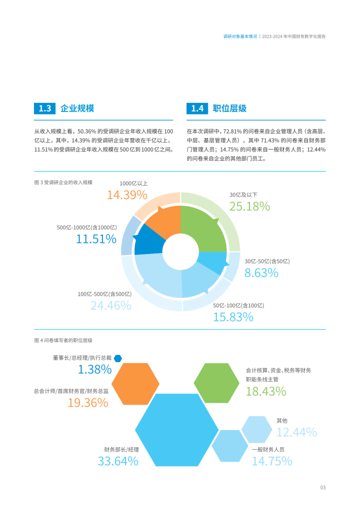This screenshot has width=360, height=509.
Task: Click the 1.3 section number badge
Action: tap(45, 108)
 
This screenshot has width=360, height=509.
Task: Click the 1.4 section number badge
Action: tap(197, 108)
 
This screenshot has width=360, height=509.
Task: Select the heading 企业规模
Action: tap(77, 108)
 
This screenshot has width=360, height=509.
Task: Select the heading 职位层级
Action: tap(230, 108)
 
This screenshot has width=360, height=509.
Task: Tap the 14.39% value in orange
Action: tap(127, 195)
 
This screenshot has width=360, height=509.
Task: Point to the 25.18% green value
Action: tap(249, 206)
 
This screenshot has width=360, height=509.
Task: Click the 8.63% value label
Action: tap(261, 273)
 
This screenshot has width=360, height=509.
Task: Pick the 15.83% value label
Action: tap(233, 317)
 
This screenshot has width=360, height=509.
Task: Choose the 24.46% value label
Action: tap(111, 305)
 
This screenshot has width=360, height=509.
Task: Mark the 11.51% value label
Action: tap(96, 239)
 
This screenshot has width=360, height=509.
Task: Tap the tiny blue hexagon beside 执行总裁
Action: tap(118, 358)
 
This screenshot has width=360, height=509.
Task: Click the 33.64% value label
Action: tap(118, 461)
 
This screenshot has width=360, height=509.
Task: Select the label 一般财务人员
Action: tap(268, 449)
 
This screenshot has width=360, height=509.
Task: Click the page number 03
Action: tap(322, 488)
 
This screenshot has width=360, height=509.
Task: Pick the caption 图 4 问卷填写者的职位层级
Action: tap(63, 340)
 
